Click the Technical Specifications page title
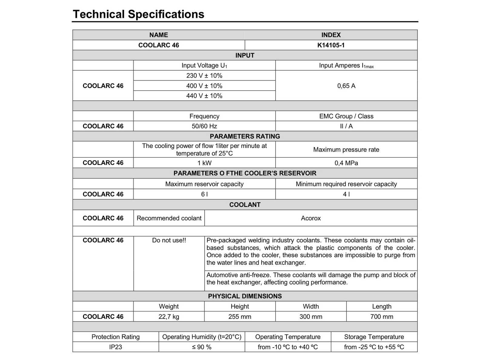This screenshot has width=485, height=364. [x=139, y=14]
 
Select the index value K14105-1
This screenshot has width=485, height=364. [x=331, y=45]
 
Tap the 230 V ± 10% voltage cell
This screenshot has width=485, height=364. [x=204, y=76]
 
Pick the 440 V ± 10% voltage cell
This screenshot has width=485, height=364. [x=204, y=96]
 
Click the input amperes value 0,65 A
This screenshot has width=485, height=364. [x=346, y=86]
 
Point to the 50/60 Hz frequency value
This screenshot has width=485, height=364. [x=204, y=126]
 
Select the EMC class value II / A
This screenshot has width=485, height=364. [x=346, y=126]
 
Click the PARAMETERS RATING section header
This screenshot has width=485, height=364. [x=245, y=136]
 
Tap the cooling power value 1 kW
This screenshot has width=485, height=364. [x=204, y=163]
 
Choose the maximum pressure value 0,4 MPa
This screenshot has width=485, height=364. [x=346, y=163]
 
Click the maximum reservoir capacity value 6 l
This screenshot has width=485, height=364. [x=204, y=194]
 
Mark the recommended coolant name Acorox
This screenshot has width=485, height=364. [x=311, y=218]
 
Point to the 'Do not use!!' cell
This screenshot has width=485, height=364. [x=169, y=240]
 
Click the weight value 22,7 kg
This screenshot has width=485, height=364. [x=169, y=317]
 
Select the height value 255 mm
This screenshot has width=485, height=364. [x=239, y=317]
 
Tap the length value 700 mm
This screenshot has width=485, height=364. [x=382, y=317]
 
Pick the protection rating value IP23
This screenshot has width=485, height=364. [x=115, y=347]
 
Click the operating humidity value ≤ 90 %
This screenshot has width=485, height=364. [x=202, y=347]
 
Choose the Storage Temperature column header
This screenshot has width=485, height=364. [x=374, y=337]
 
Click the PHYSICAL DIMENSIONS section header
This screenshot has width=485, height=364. [x=245, y=296]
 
